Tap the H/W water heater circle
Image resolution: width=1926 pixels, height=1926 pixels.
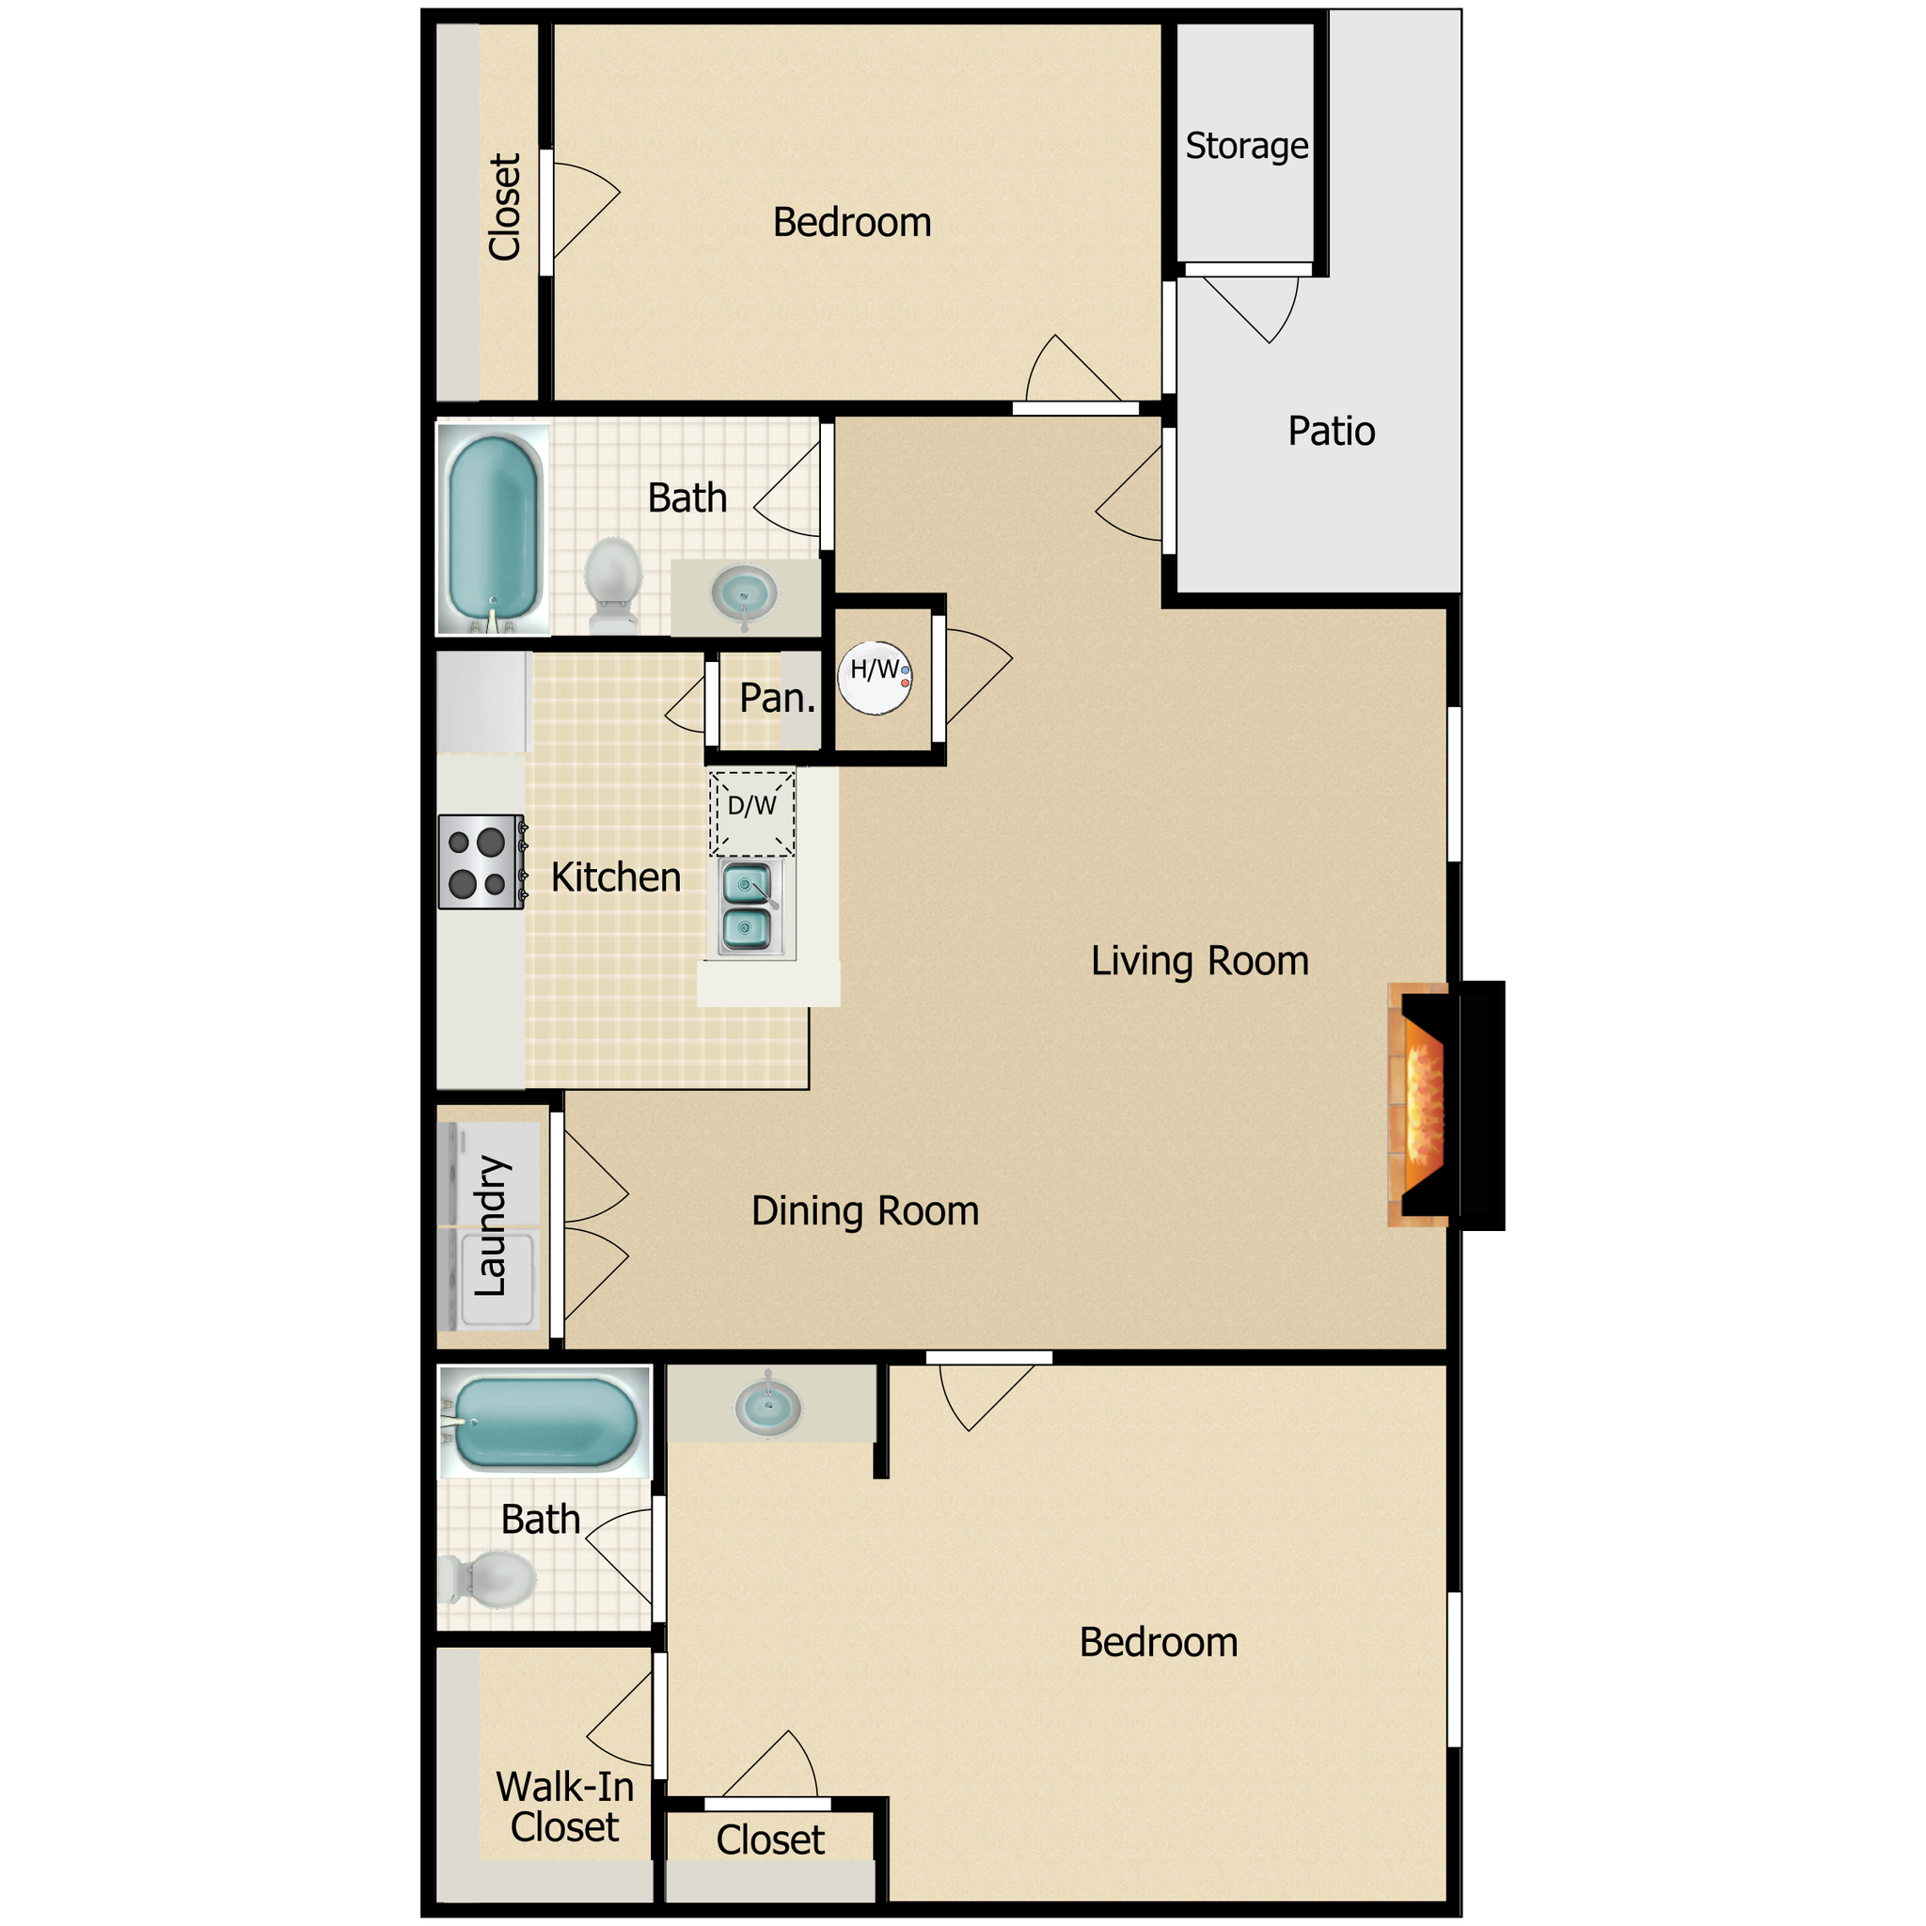[x=875, y=677]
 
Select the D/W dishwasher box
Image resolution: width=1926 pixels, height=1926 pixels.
[x=751, y=813]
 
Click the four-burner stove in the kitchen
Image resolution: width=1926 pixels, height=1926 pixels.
[x=481, y=862]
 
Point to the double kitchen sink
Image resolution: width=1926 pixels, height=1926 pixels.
[x=747, y=908]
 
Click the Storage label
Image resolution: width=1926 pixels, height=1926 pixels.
[x=1246, y=147]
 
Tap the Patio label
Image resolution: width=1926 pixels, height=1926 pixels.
[x=1331, y=432]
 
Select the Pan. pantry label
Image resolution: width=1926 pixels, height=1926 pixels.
[x=777, y=698]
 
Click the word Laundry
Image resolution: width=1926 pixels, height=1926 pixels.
[x=492, y=1226]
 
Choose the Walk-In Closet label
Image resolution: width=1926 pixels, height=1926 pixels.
[x=564, y=1807]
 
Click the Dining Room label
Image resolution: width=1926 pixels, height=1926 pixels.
[x=864, y=1211]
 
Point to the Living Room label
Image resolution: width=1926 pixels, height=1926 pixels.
[x=1199, y=961]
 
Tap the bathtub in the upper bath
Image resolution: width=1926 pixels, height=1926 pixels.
[x=494, y=529]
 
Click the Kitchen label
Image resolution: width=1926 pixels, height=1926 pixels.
[x=615, y=878]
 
